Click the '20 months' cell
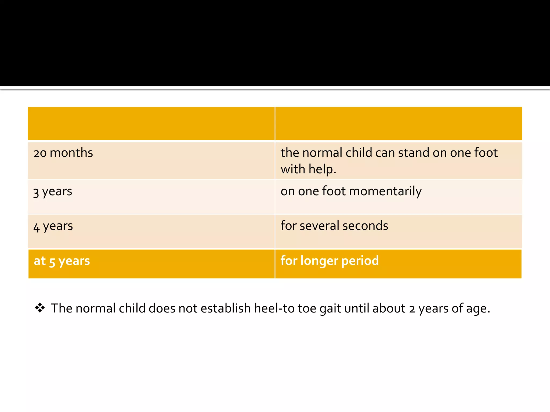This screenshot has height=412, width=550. click(x=63, y=153)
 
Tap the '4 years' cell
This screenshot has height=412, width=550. click(x=53, y=226)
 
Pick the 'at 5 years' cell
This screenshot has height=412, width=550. click(x=62, y=261)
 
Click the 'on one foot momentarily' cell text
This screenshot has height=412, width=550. click(x=351, y=192)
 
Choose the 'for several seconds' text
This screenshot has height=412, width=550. click(x=334, y=226)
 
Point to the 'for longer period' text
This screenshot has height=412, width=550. click(x=330, y=261)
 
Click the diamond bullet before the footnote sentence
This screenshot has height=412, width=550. click(x=40, y=308)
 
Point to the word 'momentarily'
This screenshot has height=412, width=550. click(x=385, y=192)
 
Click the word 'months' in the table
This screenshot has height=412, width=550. click(x=71, y=153)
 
